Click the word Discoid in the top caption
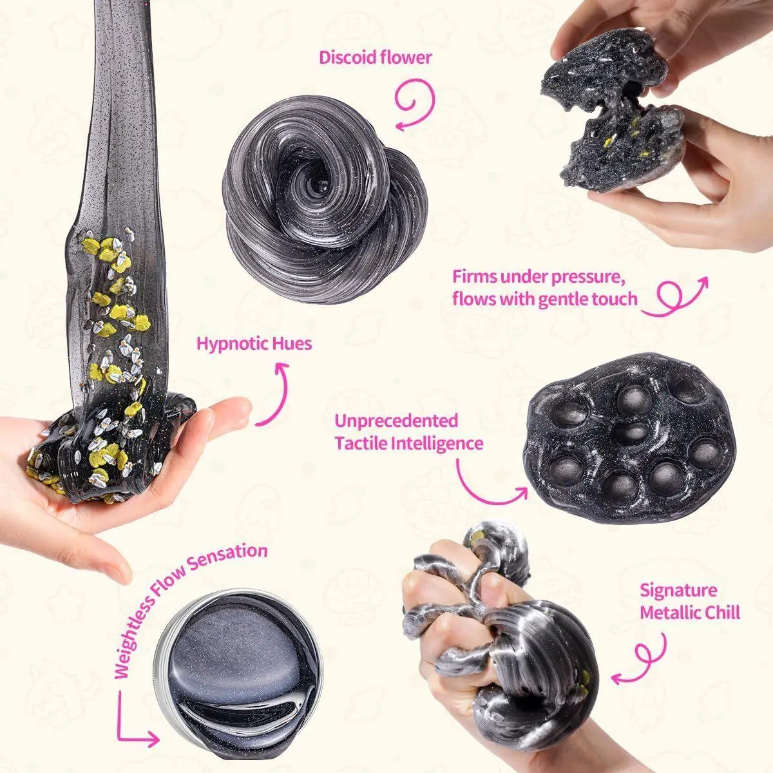click(x=347, y=57)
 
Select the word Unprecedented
click(x=396, y=421)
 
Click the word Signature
click(x=678, y=591)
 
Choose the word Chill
click(x=720, y=613)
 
